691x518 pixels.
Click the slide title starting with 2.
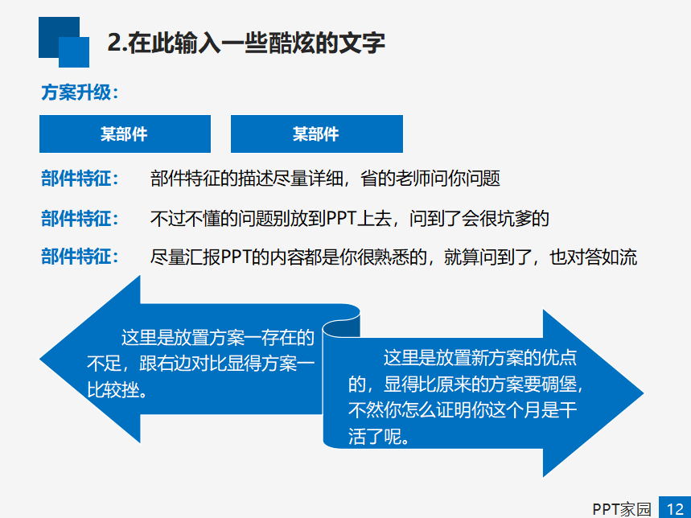coord(246,42)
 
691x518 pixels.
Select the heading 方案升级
coord(80,92)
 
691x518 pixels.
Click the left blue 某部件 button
coord(125,134)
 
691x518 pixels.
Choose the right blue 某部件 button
coord(316,134)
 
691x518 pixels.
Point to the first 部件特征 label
coord(80,179)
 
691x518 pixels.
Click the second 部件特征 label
coord(80,218)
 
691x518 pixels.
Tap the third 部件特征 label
coord(80,257)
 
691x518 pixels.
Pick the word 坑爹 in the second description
coord(513,218)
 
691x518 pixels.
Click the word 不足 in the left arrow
coord(104,364)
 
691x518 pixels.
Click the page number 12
coord(674,508)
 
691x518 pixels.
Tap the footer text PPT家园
coord(621,508)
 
